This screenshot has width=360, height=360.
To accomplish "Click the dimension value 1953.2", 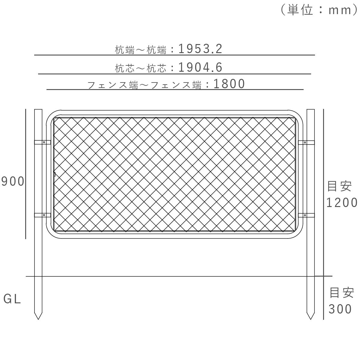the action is click(200, 49).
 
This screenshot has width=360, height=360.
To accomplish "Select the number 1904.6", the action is click(200, 67).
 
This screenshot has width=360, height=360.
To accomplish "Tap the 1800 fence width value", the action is click(229, 84).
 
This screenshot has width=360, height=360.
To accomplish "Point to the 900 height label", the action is click(13, 181).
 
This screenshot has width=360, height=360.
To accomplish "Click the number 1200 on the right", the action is click(342, 203).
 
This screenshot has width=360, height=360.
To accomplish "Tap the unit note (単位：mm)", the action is click(319, 10).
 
